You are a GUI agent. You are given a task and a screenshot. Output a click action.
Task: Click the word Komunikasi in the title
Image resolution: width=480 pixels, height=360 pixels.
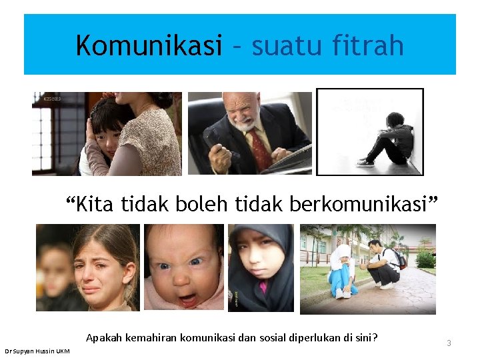pyautogui.click(x=149, y=45)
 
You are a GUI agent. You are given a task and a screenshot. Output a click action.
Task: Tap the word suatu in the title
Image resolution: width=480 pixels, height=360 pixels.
pyautogui.click(x=285, y=45)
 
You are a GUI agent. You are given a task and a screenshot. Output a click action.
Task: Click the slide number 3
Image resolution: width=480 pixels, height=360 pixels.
pyautogui.click(x=449, y=343)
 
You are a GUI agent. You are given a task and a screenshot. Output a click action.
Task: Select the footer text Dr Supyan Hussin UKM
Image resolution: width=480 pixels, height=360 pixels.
pyautogui.click(x=37, y=351)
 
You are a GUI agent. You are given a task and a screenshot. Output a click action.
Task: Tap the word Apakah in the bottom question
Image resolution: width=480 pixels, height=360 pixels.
pyautogui.click(x=103, y=337)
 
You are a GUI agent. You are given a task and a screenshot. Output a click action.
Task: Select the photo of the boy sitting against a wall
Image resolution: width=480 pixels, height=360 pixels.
pyautogui.click(x=369, y=131)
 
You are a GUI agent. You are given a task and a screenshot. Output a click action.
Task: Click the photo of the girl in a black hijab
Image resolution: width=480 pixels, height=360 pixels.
pyautogui.click(x=261, y=267)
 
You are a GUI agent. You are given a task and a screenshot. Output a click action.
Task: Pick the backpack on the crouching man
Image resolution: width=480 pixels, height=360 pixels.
pyautogui.click(x=399, y=258)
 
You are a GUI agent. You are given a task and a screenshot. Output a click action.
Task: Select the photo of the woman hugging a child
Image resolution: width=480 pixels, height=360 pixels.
pyautogui.click(x=107, y=133)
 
